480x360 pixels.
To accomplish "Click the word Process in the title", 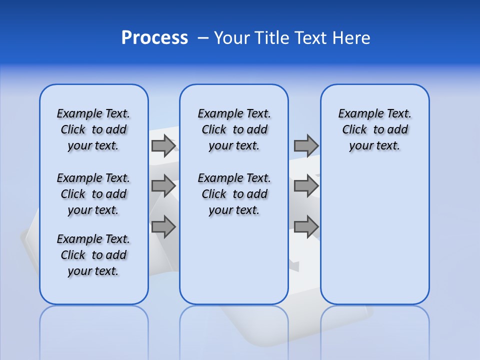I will click(x=154, y=38).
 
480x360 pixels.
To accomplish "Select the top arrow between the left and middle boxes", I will click(x=163, y=146).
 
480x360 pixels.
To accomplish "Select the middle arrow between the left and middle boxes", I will click(x=163, y=186).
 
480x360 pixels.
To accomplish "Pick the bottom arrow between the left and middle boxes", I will click(x=163, y=226).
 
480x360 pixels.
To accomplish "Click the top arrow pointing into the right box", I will click(x=306, y=146).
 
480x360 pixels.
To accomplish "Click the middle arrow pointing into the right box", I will click(x=306, y=186).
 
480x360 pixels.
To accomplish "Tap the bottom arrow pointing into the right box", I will click(x=306, y=226).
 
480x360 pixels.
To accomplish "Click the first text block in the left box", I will click(x=93, y=129).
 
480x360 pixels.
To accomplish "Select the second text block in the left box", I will click(x=93, y=194).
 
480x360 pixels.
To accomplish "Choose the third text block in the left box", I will click(x=93, y=255).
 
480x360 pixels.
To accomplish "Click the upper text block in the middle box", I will click(x=234, y=129).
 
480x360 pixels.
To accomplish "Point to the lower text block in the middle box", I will click(x=234, y=194).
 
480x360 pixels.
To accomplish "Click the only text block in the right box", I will click(x=374, y=129).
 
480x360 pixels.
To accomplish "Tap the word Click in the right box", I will click(x=354, y=130).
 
